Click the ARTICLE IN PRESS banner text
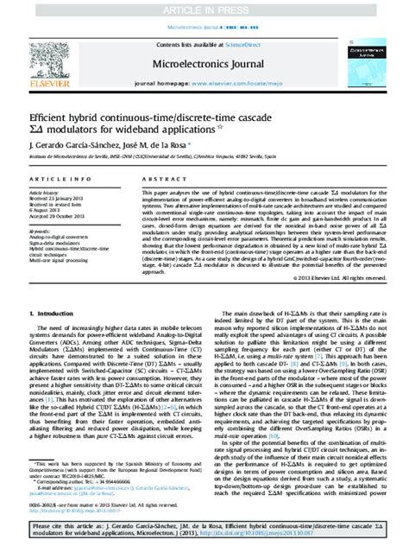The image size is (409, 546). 204,9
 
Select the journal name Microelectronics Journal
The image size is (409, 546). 204,64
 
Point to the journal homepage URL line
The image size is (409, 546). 204,85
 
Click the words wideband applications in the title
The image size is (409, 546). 163,129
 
